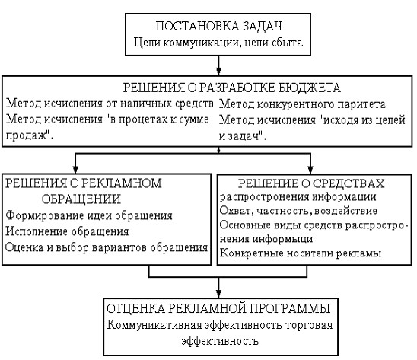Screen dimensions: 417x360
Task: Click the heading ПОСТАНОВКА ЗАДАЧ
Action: tap(218, 26)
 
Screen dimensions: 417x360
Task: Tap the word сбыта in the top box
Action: tap(287, 43)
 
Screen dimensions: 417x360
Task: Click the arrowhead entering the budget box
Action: tap(218, 72)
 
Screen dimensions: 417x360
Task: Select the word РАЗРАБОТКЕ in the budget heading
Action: tap(236, 88)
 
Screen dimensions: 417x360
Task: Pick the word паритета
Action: tap(361, 104)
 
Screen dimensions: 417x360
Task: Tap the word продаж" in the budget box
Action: tap(29, 135)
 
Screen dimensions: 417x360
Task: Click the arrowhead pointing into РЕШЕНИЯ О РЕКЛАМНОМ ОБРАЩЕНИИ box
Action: tap(75, 170)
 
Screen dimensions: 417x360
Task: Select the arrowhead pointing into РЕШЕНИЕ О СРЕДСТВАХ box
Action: tap(310, 170)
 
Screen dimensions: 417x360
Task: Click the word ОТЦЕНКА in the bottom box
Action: tap(136, 309)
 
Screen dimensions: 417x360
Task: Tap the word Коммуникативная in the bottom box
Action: tap(154, 325)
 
